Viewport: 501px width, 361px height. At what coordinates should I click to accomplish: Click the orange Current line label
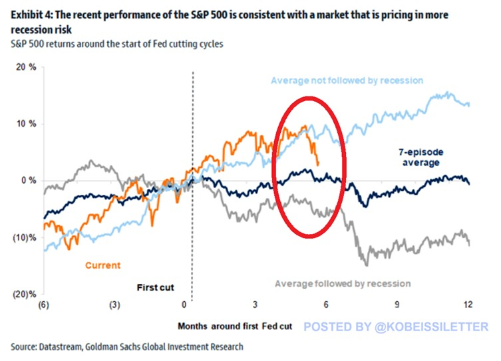click(x=102, y=266)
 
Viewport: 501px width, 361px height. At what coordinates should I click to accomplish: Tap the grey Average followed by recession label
click(x=343, y=284)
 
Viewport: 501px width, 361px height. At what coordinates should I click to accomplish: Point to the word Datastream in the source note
click(x=61, y=346)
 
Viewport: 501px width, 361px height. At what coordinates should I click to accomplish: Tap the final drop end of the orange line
click(x=319, y=164)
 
